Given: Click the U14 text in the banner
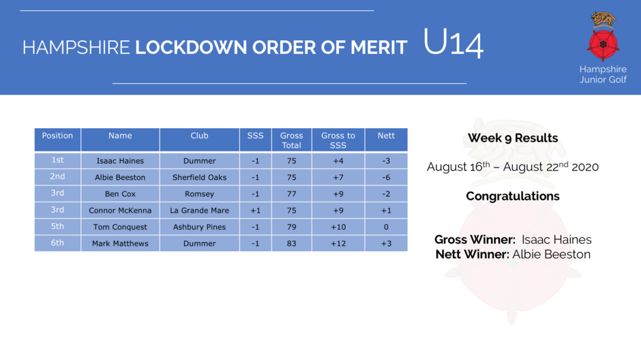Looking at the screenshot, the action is tap(453, 42).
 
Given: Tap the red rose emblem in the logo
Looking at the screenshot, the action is tap(603, 44).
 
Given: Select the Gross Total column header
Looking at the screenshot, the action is tap(291, 140).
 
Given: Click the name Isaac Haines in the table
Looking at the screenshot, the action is tap(120, 161).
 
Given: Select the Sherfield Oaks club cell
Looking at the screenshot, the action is tap(200, 177).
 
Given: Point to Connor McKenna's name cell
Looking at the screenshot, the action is tap(120, 211).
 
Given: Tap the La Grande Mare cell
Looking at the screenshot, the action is tap(200, 211).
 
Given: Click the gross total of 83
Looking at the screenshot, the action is tap(291, 243).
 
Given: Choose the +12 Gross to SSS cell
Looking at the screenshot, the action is tap(338, 243).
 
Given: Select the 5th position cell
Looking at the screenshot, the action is tap(58, 227).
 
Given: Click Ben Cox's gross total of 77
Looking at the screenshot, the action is tap(291, 194).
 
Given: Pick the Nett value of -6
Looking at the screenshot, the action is tap(386, 177).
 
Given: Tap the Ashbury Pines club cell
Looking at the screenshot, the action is tap(200, 227).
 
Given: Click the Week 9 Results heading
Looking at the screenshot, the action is tap(513, 138).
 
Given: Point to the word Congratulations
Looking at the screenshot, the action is tap(513, 196).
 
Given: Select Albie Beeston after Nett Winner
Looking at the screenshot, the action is tap(552, 254).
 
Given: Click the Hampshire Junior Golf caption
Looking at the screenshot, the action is tap(603, 74).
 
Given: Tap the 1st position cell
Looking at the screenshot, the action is tap(58, 160).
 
